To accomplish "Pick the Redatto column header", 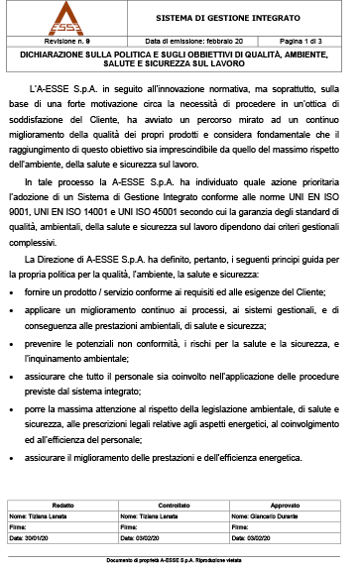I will click(x=62, y=505).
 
